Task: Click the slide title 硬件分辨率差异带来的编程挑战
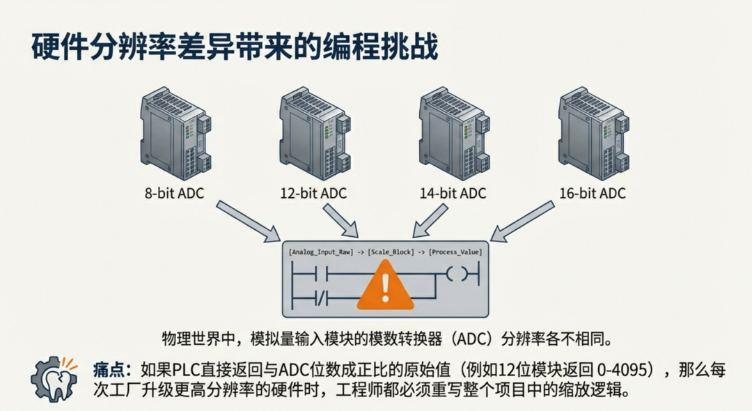(x=235, y=47)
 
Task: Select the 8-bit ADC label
(x=174, y=193)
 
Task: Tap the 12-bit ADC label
(x=313, y=193)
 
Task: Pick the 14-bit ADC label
(x=453, y=193)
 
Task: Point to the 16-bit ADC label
(x=593, y=193)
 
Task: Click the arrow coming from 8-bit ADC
(x=246, y=222)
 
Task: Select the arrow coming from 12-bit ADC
(x=341, y=220)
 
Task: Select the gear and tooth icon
(x=54, y=378)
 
